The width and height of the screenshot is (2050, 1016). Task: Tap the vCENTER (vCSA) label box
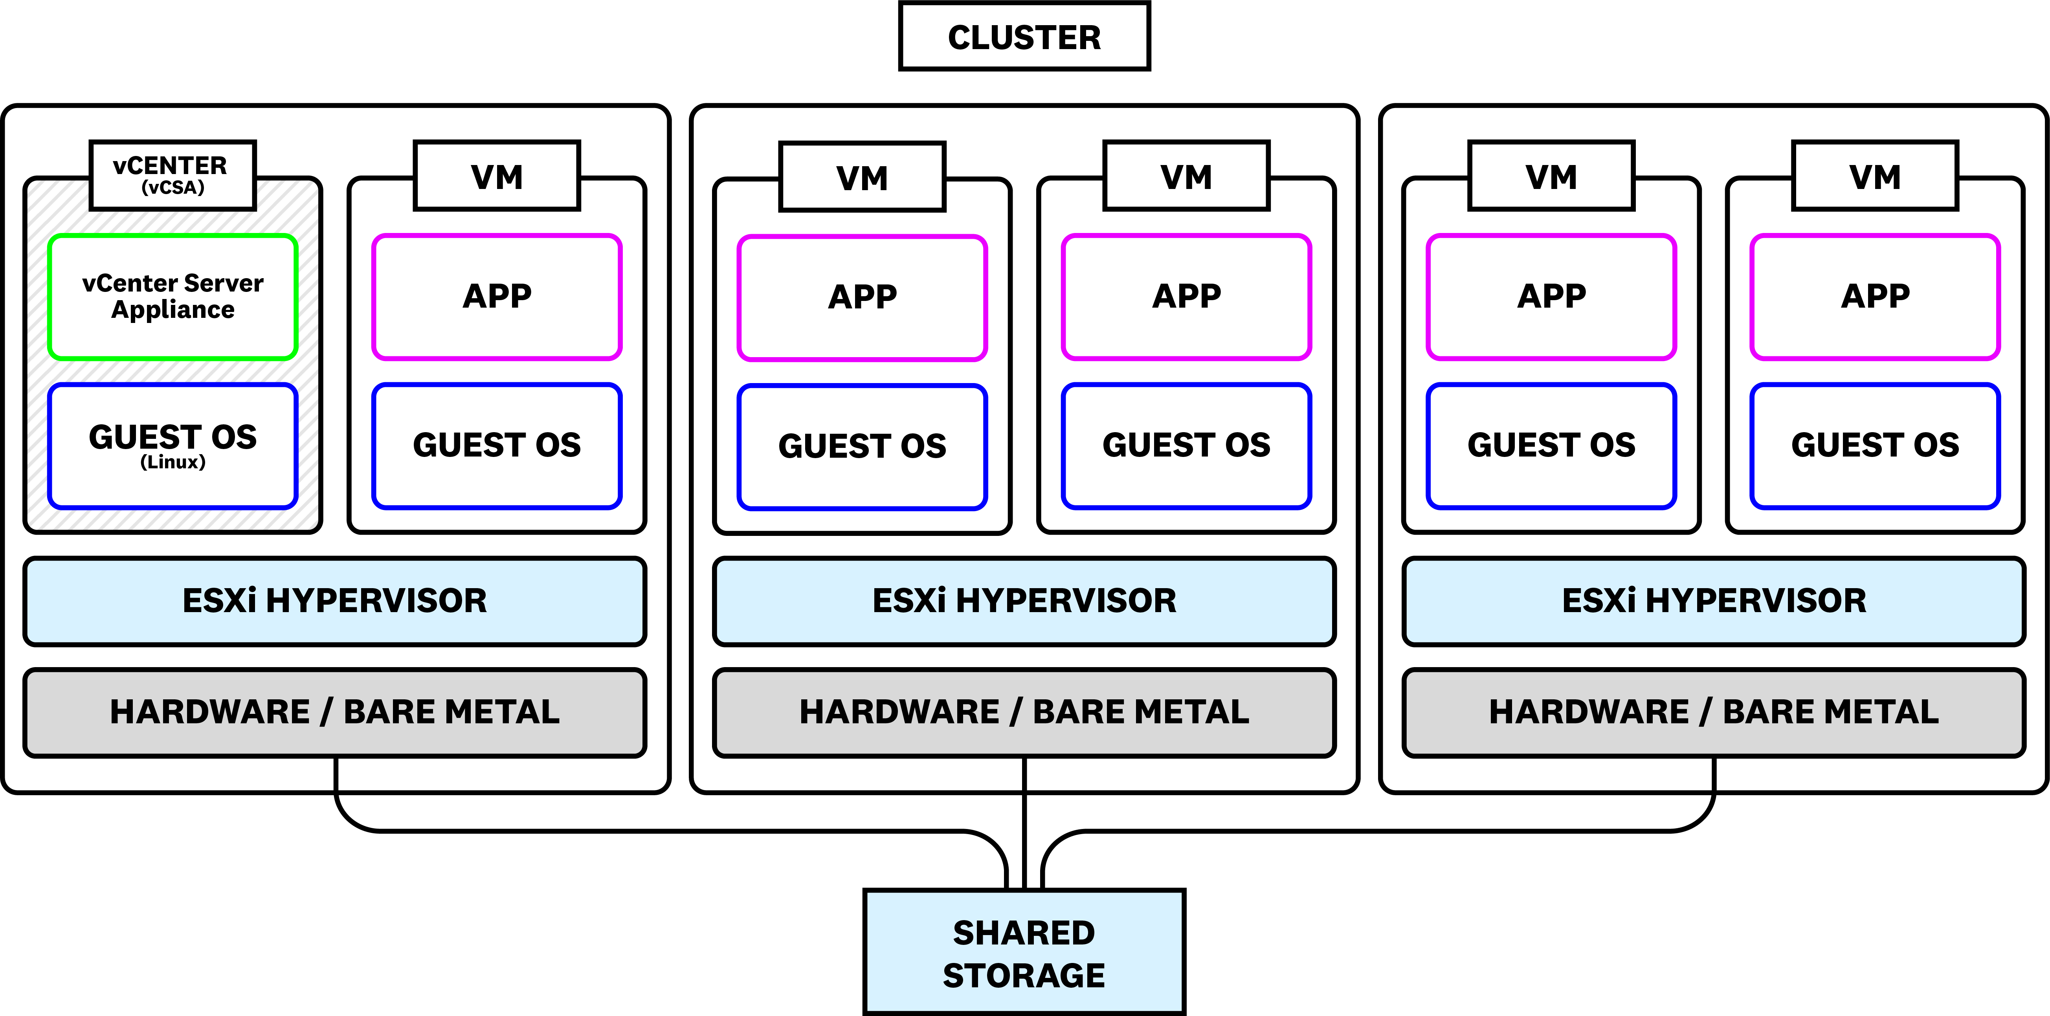click(x=173, y=175)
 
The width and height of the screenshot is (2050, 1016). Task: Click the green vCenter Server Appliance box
click(x=173, y=297)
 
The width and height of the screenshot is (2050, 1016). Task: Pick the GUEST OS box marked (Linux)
click(x=173, y=446)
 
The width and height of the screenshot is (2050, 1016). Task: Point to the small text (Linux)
click(x=173, y=462)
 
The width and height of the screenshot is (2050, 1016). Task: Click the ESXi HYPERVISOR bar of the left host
click(x=335, y=601)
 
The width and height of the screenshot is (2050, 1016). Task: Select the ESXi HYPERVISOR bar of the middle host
click(x=1024, y=601)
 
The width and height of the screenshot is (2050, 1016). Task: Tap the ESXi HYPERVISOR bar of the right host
click(x=1714, y=601)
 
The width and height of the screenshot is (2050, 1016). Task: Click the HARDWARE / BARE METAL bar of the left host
click(x=335, y=712)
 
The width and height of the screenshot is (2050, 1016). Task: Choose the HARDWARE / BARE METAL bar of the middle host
click(x=1024, y=712)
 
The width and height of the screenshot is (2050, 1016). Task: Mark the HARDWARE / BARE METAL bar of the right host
click(x=1714, y=712)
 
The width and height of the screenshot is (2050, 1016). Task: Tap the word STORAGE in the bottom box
click(x=1024, y=976)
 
